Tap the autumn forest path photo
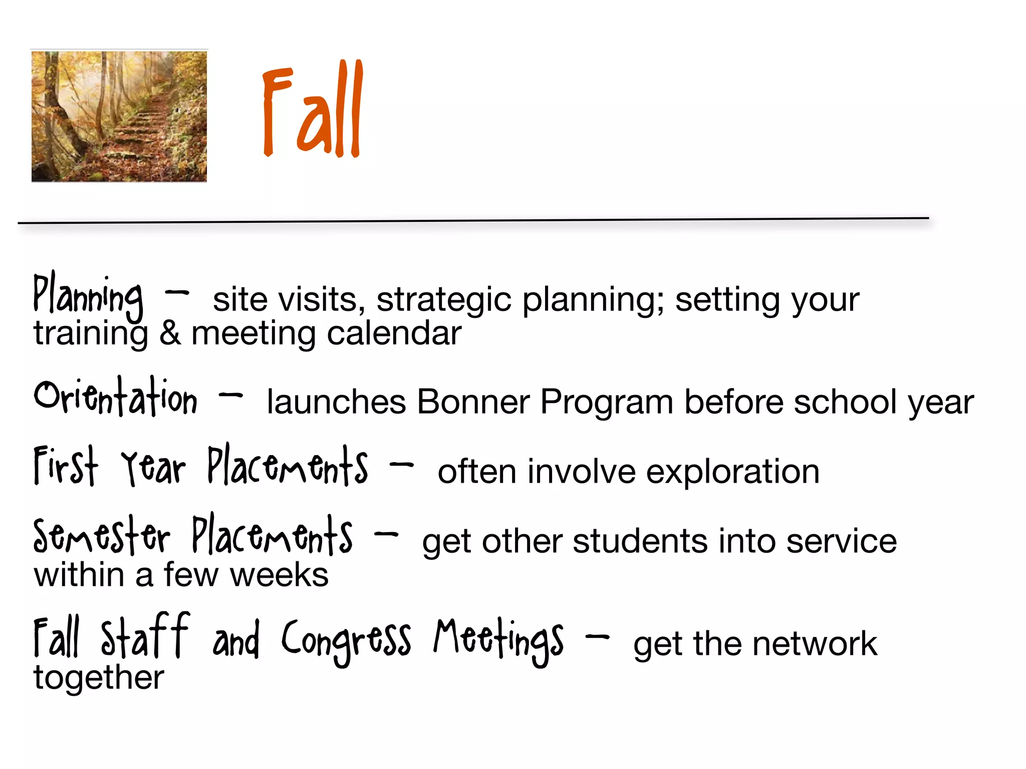click(119, 116)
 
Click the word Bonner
click(473, 402)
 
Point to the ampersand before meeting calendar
click(170, 333)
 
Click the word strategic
click(444, 300)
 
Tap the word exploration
click(732, 472)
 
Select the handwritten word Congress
click(346, 640)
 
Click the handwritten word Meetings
click(499, 640)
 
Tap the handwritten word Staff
click(145, 636)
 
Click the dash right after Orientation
click(231, 396)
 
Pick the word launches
click(336, 402)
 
